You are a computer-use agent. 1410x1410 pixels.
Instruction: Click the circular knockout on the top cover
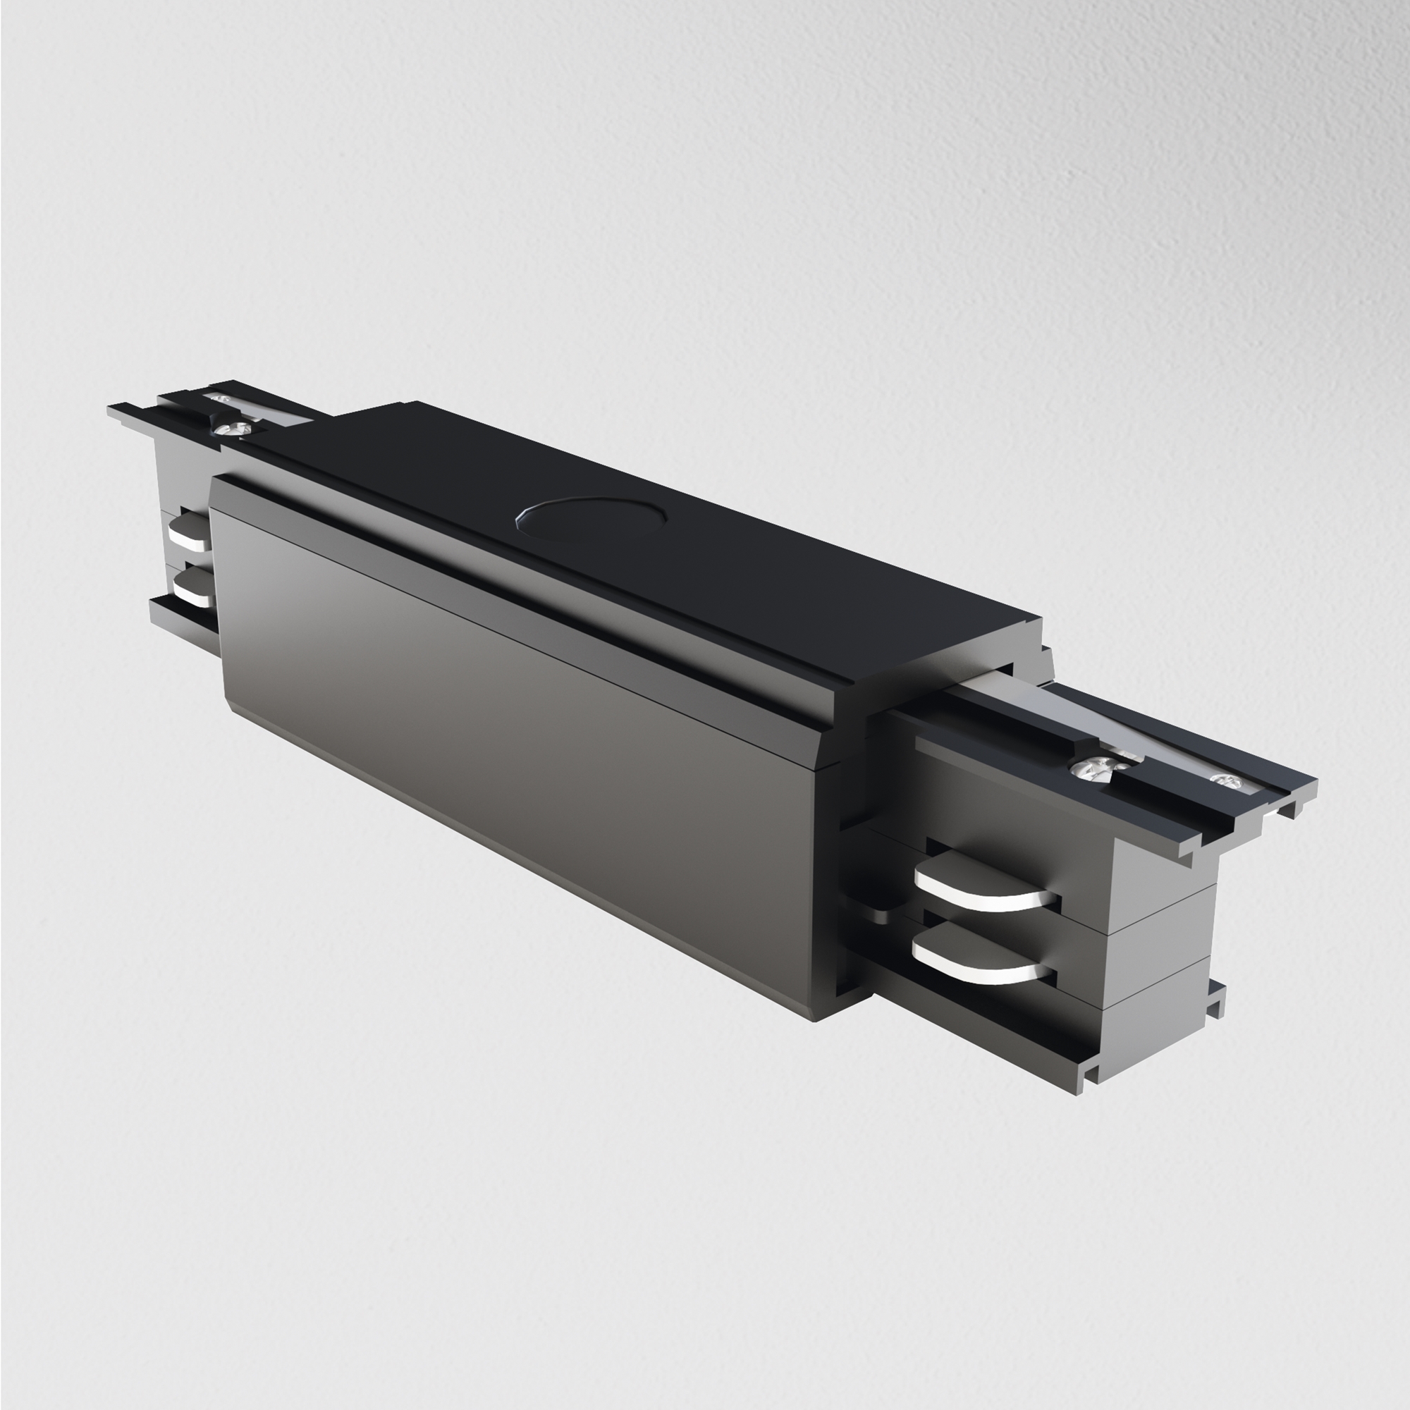pyautogui.click(x=592, y=519)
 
